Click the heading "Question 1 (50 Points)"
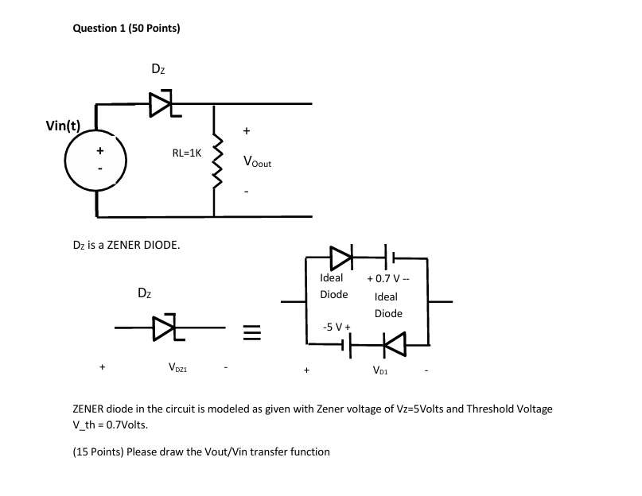(126, 29)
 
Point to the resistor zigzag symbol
(213, 161)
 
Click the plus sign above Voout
(246, 130)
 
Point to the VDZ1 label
(177, 368)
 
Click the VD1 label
(381, 369)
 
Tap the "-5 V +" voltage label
(337, 327)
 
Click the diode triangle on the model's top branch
(340, 257)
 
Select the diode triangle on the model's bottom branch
(391, 344)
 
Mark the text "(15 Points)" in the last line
(99, 451)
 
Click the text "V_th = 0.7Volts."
(110, 424)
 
